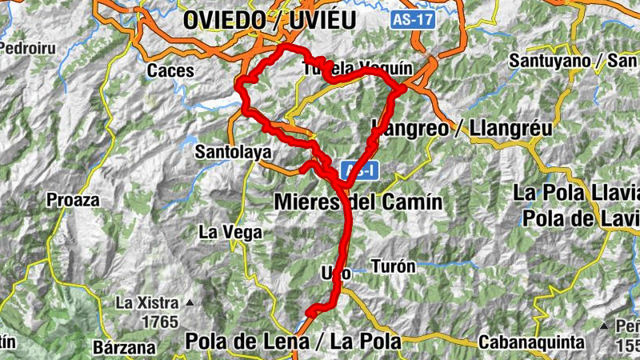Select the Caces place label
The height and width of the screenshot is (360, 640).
170,70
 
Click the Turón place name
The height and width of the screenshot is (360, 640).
394,266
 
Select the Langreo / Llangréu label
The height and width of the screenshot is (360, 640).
462,128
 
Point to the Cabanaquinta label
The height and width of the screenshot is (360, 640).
532,342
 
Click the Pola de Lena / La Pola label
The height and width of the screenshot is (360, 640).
292,342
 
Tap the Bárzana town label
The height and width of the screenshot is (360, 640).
124,347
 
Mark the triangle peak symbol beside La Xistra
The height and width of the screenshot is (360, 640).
190,303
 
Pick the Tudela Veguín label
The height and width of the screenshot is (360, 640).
358,70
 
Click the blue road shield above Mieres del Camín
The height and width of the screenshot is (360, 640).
358,170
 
